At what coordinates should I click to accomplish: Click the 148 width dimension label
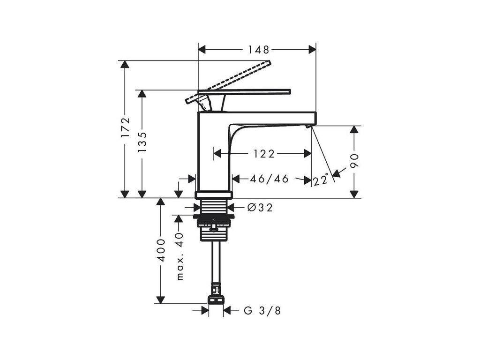click(257, 49)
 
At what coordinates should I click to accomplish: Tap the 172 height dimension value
click(125, 127)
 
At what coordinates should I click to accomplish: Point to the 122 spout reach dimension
click(264, 153)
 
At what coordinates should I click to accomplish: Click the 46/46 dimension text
click(269, 179)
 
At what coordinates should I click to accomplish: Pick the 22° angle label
click(321, 180)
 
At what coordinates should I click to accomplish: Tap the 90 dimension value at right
click(354, 161)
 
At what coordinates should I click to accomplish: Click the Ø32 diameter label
click(259, 207)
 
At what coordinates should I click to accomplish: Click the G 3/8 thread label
click(262, 310)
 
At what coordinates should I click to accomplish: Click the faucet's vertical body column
click(213, 155)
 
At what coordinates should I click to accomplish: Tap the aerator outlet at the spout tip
click(308, 126)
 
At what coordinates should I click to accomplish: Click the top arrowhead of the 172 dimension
click(125, 64)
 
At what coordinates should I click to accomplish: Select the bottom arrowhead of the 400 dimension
click(161, 300)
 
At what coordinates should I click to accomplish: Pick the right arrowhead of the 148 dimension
click(312, 49)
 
